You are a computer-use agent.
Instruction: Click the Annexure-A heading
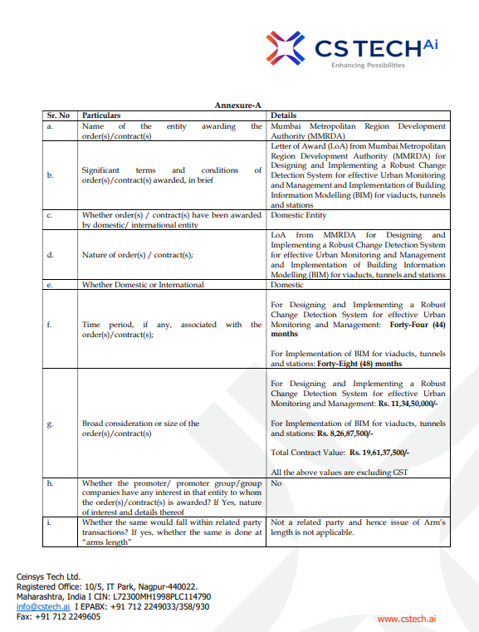[x=238, y=105]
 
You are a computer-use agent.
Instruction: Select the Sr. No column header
[x=58, y=115]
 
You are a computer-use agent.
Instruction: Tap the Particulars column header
[x=101, y=115]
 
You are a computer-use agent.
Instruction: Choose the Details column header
[x=284, y=115]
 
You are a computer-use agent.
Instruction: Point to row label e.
[x=50, y=285]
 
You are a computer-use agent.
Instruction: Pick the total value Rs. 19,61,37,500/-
[x=379, y=453]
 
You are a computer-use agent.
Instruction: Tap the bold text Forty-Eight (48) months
[x=359, y=364]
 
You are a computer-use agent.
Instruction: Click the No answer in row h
[x=276, y=483]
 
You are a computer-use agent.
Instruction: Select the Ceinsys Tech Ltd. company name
[x=49, y=576]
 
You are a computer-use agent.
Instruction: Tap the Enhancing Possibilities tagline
[x=368, y=65]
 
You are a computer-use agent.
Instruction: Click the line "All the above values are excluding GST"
[x=339, y=472]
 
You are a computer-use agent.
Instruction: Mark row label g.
[x=50, y=424]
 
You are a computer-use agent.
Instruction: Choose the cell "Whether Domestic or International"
[x=143, y=285]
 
